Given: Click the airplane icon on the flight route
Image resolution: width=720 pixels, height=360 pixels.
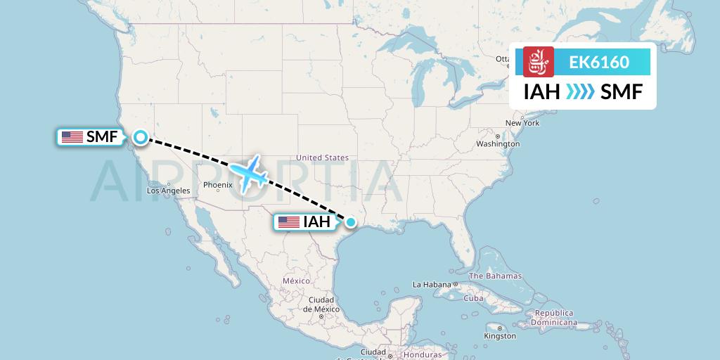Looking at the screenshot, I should pyautogui.click(x=248, y=172).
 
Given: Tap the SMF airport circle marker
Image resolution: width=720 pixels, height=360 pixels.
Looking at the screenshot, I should pyautogui.click(x=141, y=137).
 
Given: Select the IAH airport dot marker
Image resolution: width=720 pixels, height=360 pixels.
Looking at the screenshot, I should pyautogui.click(x=351, y=222).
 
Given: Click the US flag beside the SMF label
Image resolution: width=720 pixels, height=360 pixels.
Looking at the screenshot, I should pyautogui.click(x=72, y=137).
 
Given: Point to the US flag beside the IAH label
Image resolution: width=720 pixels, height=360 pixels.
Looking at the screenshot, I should pyautogui.click(x=288, y=222).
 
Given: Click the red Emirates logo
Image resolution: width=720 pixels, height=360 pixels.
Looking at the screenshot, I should pyautogui.click(x=539, y=62).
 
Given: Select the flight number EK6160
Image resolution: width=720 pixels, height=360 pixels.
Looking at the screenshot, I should pyautogui.click(x=599, y=63).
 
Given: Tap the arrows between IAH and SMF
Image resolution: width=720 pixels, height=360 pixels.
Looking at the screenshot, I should pyautogui.click(x=580, y=92).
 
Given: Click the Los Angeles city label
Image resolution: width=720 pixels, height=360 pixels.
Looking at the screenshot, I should pyautogui.click(x=168, y=191).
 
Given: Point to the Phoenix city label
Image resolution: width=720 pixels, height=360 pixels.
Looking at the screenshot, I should pyautogui.click(x=217, y=185).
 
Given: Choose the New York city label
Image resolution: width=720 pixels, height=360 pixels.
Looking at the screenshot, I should pyautogui.click(x=522, y=123).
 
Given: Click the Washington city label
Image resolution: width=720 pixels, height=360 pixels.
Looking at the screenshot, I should pyautogui.click(x=499, y=143).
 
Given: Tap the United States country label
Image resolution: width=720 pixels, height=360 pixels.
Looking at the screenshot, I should pyautogui.click(x=322, y=157).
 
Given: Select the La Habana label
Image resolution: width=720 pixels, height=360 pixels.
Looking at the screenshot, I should pyautogui.click(x=430, y=284).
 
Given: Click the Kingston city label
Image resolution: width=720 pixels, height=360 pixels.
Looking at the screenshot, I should pyautogui.click(x=501, y=336).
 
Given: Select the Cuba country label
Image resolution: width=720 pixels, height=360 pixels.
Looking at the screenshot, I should pyautogui.click(x=474, y=298).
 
